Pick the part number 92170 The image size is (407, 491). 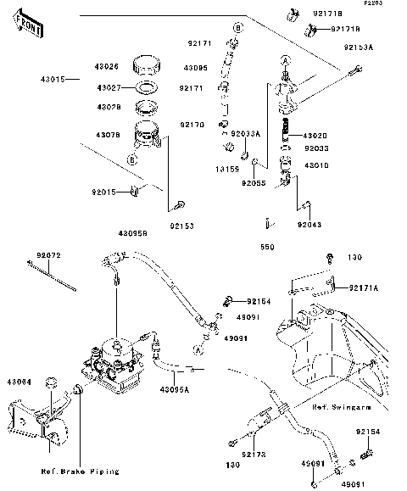(x=192, y=125)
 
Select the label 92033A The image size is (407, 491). (x=245, y=133)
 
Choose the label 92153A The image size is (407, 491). (x=360, y=48)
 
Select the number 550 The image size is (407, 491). (x=266, y=248)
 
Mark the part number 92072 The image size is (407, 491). (x=49, y=254)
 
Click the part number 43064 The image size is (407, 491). (x=22, y=381)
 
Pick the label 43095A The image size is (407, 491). (x=176, y=388)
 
